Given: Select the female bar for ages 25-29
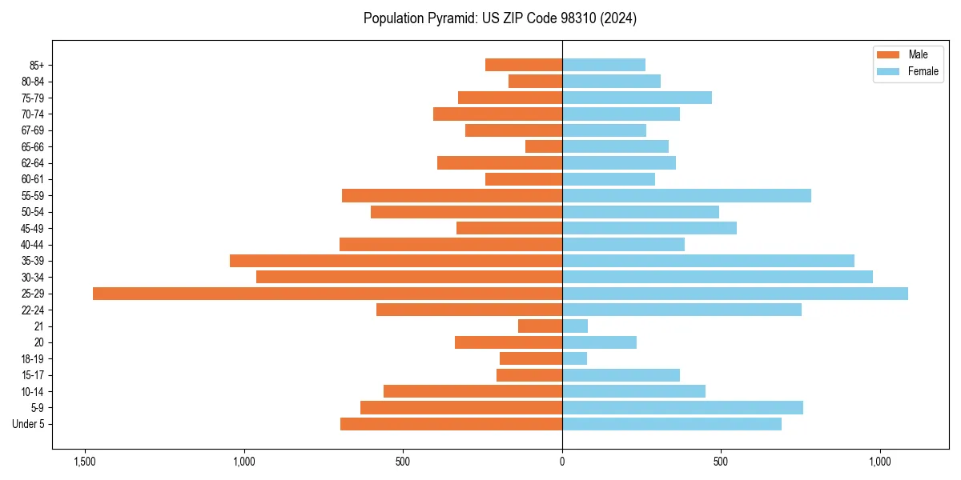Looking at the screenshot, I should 734,294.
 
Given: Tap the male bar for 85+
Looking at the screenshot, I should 524,65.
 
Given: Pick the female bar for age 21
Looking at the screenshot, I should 575,326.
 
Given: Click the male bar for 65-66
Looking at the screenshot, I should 544,146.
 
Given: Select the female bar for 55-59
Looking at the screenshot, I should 686,195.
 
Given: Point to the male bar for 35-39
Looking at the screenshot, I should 396,261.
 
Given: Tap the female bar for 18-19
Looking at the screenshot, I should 574,358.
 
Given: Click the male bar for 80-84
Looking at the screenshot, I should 535,82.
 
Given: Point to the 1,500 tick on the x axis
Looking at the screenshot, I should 84,462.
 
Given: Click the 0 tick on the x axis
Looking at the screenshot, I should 562,462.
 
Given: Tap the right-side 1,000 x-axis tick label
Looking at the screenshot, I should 879,462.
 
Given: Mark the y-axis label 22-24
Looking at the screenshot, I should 33,310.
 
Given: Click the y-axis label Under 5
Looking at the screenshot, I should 28,424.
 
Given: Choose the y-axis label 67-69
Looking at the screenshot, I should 33,130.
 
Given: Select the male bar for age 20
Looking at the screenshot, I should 508,342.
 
